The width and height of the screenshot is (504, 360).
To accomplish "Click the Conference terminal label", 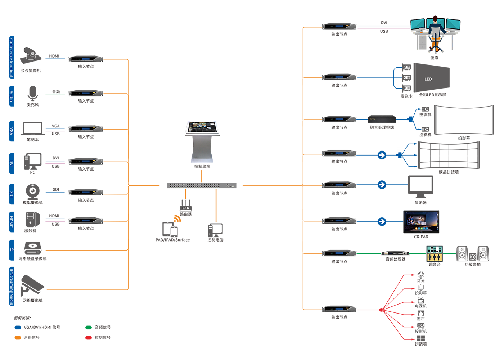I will click(x=11, y=57).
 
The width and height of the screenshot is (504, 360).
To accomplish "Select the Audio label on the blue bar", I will click(x=11, y=96).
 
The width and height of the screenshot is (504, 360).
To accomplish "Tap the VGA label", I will click(x=11, y=131).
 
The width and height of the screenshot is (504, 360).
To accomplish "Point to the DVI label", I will click(x=11, y=163).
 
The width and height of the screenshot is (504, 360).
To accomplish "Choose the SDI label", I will click(x=11, y=194).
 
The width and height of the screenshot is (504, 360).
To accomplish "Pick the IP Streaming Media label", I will click(x=11, y=287).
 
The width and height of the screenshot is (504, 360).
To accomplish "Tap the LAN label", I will click(x=186, y=208).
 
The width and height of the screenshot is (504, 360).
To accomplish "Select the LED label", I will click(x=428, y=79).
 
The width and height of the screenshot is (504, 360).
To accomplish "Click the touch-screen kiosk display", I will click(x=202, y=127).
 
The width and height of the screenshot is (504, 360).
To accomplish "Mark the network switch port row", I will click(x=194, y=186).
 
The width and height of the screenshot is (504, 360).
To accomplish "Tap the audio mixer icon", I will click(x=434, y=254).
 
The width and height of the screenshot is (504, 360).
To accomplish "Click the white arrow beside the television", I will click(x=382, y=222).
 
